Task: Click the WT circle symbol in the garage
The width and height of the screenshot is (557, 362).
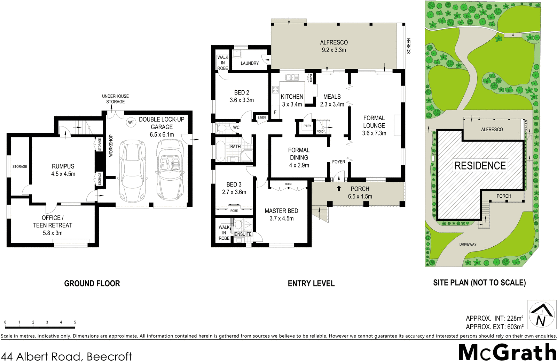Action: click(x=131, y=122)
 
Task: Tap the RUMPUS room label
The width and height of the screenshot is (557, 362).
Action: click(x=63, y=166)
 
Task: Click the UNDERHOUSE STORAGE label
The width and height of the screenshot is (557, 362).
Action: click(x=115, y=99)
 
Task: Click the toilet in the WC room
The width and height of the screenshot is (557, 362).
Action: click(x=222, y=128)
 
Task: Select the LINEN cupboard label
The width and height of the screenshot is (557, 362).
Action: click(x=262, y=118)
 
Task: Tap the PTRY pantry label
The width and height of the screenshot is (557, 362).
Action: click(x=307, y=126)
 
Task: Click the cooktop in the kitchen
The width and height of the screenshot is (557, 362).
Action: click(x=275, y=89)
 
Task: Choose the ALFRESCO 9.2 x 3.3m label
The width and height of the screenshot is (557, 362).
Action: click(x=334, y=46)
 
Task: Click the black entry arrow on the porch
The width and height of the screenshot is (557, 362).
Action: click(x=339, y=189)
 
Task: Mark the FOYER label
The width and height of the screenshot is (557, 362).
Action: click(x=338, y=162)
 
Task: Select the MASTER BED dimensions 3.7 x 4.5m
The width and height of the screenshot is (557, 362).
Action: click(x=281, y=219)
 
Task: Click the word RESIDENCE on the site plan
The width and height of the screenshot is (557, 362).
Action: click(x=480, y=166)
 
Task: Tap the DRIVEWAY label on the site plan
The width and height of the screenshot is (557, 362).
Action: click(x=468, y=244)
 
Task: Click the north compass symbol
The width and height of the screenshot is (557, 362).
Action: click(x=541, y=315)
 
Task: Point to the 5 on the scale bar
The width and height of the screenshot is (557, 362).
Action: click(x=75, y=322)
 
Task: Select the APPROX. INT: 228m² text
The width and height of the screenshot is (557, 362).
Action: click(x=494, y=318)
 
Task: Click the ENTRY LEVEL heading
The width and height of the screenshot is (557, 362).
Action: click(x=311, y=283)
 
